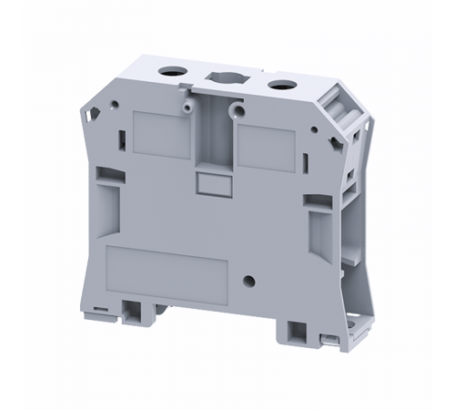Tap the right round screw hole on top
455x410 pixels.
278,83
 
